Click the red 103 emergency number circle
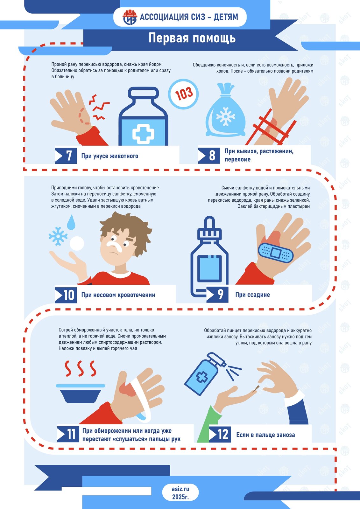(x=183, y=94)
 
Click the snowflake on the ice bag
(x=225, y=116)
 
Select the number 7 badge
(x=66, y=156)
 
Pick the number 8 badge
(x=209, y=156)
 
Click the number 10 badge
(x=66, y=295)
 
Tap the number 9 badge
(x=217, y=295)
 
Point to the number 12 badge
(x=220, y=435)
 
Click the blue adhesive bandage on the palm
(x=276, y=253)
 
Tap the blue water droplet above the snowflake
(x=71, y=222)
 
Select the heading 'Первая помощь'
(x=192, y=38)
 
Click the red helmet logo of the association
(x=130, y=17)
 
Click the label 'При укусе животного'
(x=109, y=156)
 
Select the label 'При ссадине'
(x=253, y=295)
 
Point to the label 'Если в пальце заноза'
(x=265, y=435)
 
